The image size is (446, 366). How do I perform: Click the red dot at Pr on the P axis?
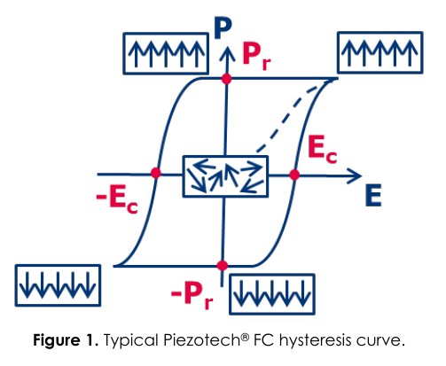click(x=226, y=79)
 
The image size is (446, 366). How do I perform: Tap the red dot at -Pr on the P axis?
click(x=223, y=265)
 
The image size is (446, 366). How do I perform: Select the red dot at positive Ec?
click(x=294, y=175)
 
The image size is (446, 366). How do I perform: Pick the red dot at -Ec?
click(x=156, y=173)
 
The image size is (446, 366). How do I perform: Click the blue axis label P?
click(x=223, y=28)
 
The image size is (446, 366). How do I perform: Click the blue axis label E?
click(x=373, y=195)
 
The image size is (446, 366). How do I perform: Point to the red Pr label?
click(x=256, y=57)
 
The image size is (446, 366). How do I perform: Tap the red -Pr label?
click(x=192, y=295)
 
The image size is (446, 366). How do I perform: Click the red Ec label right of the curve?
click(x=322, y=150)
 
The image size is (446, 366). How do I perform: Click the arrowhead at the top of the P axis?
click(x=227, y=54)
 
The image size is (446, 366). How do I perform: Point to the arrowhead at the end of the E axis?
click(x=354, y=176)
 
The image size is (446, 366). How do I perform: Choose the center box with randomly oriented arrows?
click(x=225, y=176)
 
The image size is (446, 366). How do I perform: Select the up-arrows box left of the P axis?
click(x=166, y=53)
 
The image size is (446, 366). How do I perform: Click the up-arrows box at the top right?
click(x=380, y=52)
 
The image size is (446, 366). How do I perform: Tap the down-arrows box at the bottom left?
click(x=58, y=285)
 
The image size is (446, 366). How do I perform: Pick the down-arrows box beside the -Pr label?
click(x=272, y=294)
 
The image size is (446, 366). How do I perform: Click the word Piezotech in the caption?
click(x=202, y=340)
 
